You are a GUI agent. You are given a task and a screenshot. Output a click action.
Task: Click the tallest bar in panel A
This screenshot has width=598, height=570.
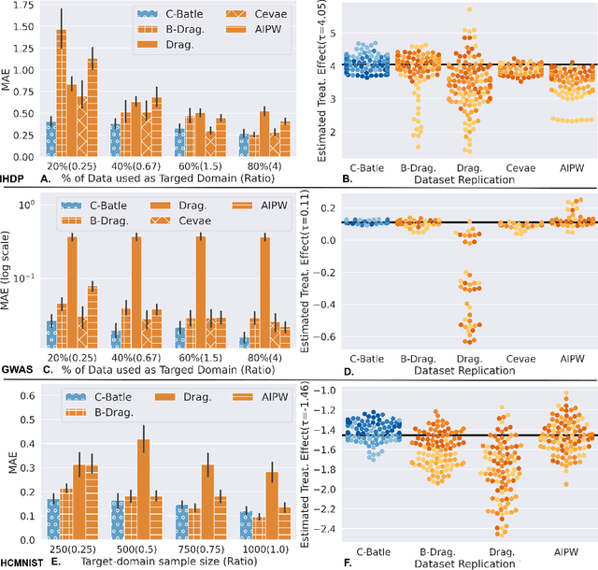pyautogui.click(x=61, y=93)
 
